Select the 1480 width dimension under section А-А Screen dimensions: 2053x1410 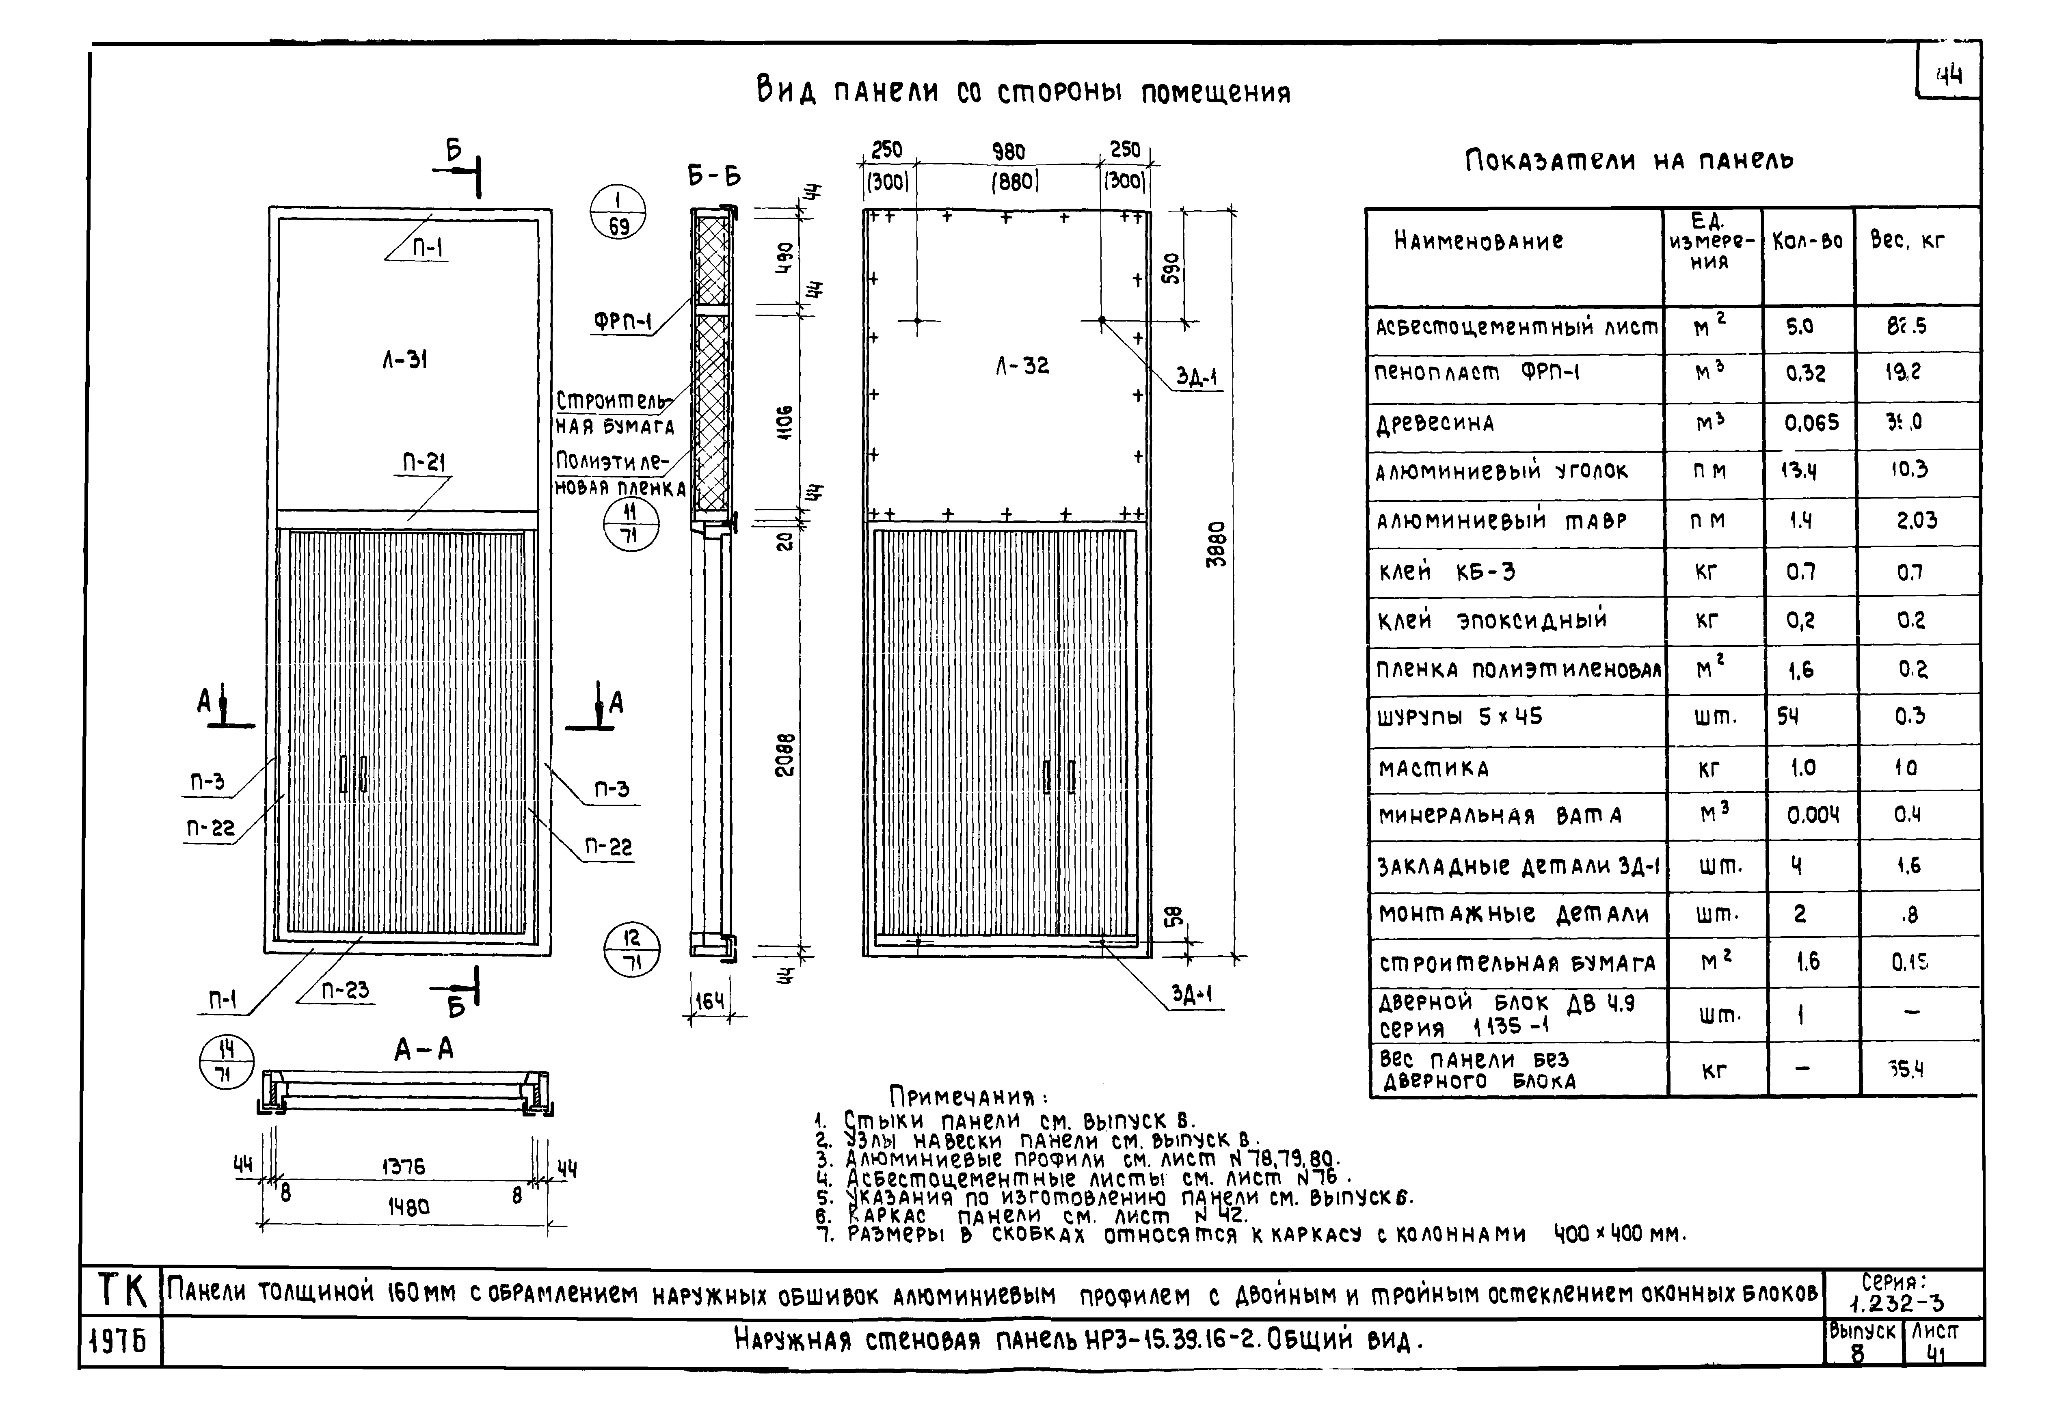408,1207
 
